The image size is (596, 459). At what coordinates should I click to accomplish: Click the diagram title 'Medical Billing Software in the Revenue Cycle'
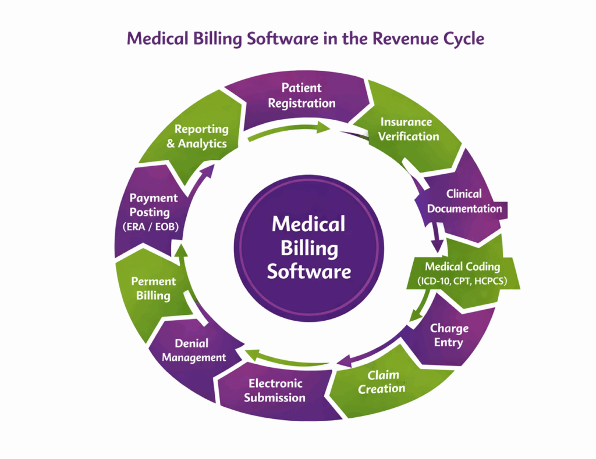tap(306, 39)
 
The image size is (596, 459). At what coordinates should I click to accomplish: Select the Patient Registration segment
tap(301, 96)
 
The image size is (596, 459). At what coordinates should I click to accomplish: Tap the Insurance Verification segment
tap(409, 130)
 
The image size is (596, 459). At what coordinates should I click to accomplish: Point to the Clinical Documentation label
tap(464, 201)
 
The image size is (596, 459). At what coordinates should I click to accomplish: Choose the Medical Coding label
tap(462, 267)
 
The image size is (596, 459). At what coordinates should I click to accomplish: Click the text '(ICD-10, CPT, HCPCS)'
tap(462, 282)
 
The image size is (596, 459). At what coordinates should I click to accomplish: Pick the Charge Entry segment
tap(449, 335)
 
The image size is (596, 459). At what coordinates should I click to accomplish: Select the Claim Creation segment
tap(382, 382)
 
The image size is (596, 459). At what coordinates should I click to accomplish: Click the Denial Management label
tap(194, 350)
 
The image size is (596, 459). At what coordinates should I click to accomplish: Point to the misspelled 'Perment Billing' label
tap(153, 289)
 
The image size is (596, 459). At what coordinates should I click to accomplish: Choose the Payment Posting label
tap(154, 205)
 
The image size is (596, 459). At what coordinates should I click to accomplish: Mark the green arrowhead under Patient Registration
tap(322, 127)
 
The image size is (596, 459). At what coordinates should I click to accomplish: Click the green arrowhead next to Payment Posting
tap(182, 250)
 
